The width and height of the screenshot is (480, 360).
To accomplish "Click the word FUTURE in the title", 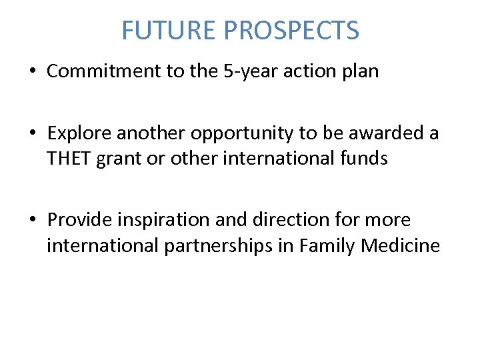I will (x=169, y=31).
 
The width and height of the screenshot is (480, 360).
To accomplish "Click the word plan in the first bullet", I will (x=359, y=72).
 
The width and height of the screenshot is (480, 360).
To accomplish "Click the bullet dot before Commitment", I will (x=33, y=72).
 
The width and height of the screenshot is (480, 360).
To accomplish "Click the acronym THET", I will (x=69, y=159).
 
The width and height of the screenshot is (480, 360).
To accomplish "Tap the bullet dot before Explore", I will (x=33, y=134).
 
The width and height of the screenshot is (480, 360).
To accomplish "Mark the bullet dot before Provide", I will (x=33, y=220).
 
